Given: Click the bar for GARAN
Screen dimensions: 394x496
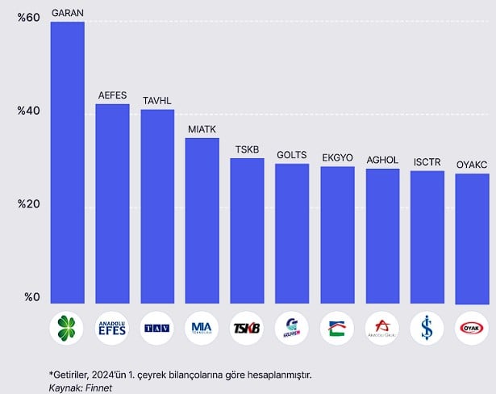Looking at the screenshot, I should click(x=67, y=161).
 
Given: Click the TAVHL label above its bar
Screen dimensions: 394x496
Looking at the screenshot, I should click(x=157, y=101).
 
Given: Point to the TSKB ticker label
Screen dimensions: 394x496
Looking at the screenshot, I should click(x=247, y=149).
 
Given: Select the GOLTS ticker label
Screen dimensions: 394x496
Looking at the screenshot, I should click(x=292, y=154).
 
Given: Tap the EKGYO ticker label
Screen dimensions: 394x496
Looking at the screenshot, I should click(x=337, y=157).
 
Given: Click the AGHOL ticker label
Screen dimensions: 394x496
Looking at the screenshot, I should click(x=382, y=159).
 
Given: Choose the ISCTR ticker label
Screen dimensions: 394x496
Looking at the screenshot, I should click(x=427, y=161).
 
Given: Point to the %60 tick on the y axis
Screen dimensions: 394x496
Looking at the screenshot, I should click(x=28, y=18).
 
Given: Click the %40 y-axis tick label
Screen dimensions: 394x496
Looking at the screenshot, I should click(x=28, y=111).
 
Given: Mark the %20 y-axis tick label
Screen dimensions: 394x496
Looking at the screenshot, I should click(x=28, y=204).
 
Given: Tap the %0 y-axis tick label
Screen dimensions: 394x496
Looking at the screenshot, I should click(x=31, y=298).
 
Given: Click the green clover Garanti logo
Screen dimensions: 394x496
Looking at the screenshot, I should click(x=67, y=328).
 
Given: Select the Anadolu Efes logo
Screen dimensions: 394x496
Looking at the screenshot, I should click(x=112, y=328).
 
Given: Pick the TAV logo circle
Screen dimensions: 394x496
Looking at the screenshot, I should click(x=157, y=328).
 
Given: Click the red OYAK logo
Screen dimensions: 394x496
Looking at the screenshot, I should click(x=472, y=328).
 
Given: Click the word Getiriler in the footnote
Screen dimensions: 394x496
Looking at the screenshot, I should click(x=73, y=375).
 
